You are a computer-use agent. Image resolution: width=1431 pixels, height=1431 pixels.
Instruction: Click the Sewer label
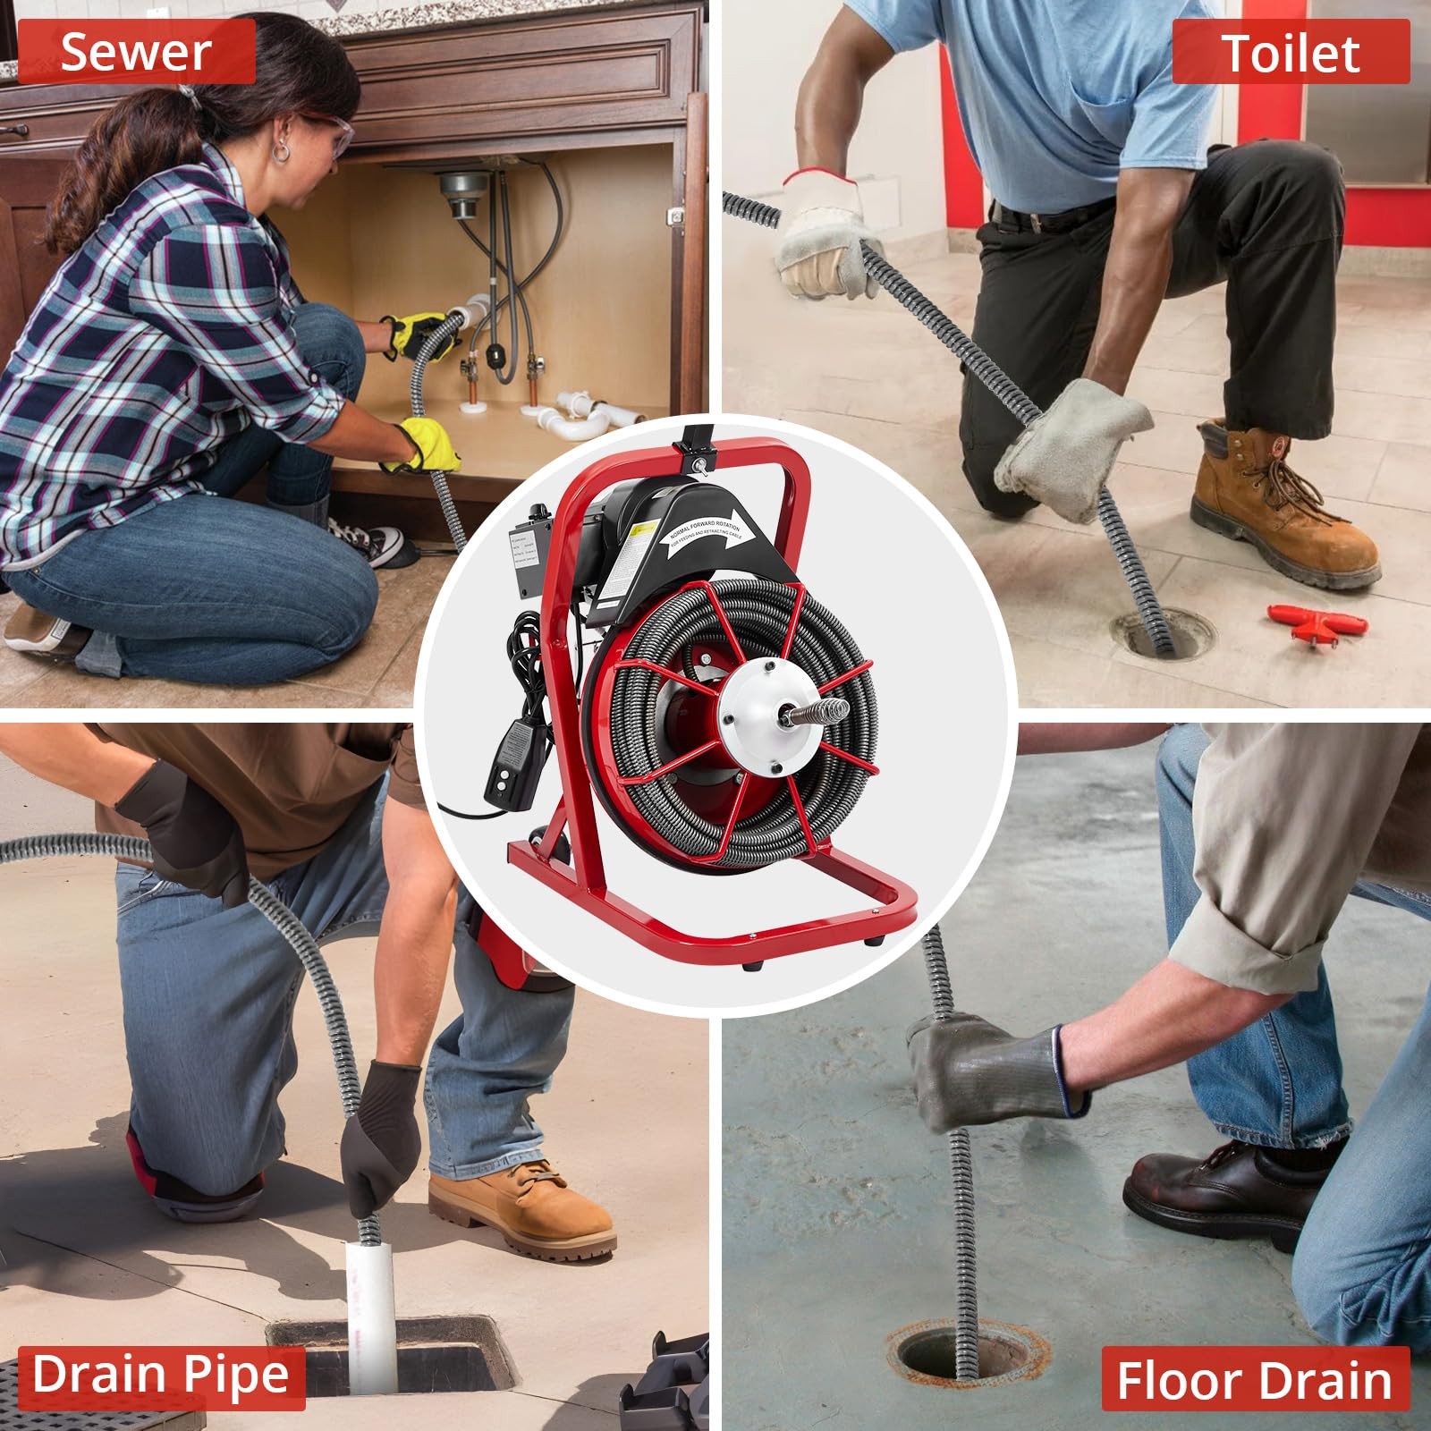point(136,52)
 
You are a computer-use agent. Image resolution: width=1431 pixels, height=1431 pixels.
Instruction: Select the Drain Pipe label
point(162,1374)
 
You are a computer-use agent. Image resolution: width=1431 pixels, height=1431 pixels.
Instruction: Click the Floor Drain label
point(1254,1379)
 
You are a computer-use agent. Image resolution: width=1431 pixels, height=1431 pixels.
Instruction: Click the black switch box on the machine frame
point(529,555)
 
